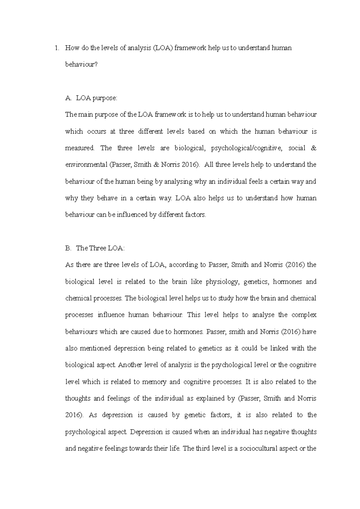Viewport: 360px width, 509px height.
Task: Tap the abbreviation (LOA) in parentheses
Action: coord(163,48)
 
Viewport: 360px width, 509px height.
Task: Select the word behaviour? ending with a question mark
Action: coord(81,64)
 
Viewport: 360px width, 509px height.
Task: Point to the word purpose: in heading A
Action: coord(105,98)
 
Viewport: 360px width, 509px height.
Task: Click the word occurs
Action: coord(96,132)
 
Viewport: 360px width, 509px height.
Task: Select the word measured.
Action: coord(79,148)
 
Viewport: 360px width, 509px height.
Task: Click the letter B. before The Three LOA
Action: coord(68,248)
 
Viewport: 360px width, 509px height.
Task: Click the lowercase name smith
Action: coord(238,332)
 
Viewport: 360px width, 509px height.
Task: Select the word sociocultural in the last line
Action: coord(259,449)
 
